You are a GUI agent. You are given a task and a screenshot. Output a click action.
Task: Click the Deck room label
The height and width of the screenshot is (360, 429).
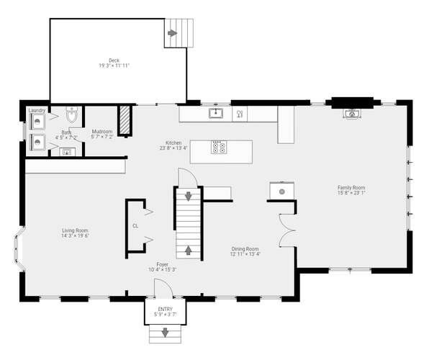[114, 60]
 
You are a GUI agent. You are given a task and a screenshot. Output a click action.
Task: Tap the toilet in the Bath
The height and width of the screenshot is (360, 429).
[71, 114]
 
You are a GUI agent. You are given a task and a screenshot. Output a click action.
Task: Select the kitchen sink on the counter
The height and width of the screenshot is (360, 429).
[215, 113]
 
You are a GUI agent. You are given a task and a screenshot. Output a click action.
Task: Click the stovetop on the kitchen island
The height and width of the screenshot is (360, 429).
[220, 148]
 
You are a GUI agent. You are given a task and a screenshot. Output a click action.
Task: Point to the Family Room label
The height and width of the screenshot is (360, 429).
[352, 188]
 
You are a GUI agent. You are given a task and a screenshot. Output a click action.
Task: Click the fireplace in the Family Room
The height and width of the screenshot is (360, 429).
[351, 112]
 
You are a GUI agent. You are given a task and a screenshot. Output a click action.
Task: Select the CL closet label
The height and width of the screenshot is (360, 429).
[135, 225]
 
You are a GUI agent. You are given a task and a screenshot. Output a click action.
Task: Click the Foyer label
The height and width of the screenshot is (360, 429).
[163, 264]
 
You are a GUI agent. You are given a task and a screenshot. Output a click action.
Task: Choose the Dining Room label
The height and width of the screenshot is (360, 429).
[245, 248]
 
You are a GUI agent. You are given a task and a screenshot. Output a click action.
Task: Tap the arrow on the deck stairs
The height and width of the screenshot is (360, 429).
[173, 32]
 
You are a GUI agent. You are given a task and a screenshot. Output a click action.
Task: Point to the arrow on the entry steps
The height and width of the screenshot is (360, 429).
[165, 333]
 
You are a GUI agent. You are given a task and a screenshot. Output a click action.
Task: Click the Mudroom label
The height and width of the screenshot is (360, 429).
[101, 132]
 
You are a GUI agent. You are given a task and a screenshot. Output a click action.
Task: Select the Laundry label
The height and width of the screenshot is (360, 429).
[37, 110]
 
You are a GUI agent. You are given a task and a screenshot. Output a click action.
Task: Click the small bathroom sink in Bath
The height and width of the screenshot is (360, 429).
[67, 151]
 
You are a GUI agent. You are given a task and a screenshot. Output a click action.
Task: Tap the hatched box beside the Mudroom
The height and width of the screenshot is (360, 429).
[124, 120]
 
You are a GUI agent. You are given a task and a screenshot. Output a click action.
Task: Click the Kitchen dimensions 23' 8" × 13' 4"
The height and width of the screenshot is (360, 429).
[173, 148]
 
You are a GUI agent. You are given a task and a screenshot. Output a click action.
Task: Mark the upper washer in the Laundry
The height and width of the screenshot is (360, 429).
[37, 122]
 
